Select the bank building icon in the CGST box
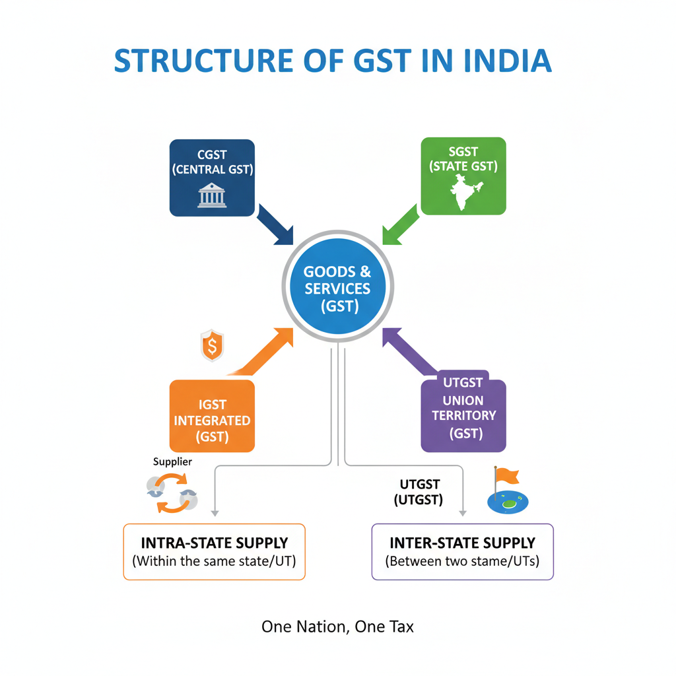(212, 196)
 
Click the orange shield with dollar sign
(212, 346)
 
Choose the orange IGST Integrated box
(212, 416)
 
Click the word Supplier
(172, 461)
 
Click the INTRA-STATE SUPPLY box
(215, 552)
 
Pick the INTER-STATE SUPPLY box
(462, 552)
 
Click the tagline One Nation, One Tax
(337, 626)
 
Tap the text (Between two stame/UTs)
(462, 562)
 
